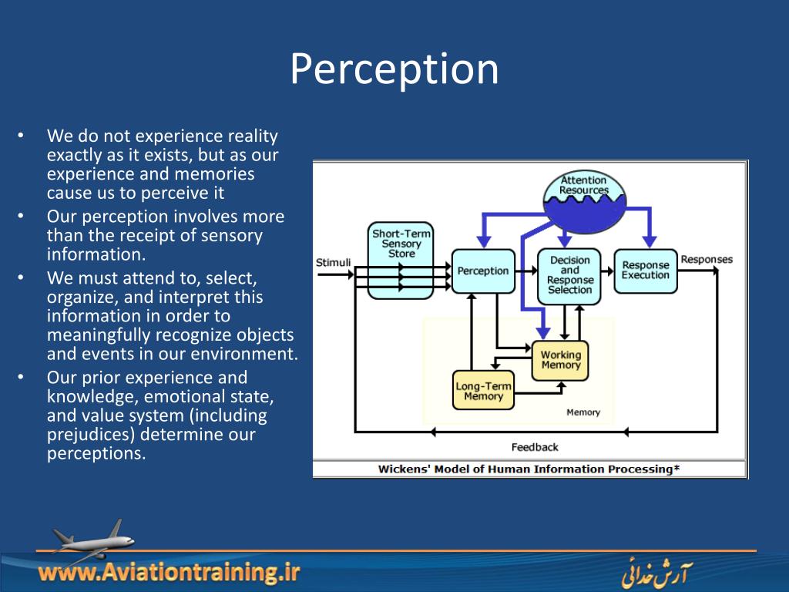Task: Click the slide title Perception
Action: (x=394, y=69)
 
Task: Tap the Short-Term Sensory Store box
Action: (x=401, y=260)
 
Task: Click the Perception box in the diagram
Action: (x=483, y=271)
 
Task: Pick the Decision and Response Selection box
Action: (x=569, y=275)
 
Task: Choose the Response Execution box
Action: (x=645, y=271)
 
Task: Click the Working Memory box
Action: (x=560, y=360)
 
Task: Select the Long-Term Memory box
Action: (x=483, y=391)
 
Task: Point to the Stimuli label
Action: (x=333, y=262)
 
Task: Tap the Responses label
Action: (x=707, y=259)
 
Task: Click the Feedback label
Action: (x=534, y=447)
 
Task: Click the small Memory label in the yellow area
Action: (x=583, y=412)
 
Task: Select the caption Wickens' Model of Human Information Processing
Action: (x=529, y=469)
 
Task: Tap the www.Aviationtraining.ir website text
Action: (x=169, y=573)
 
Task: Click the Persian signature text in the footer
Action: (x=656, y=574)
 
